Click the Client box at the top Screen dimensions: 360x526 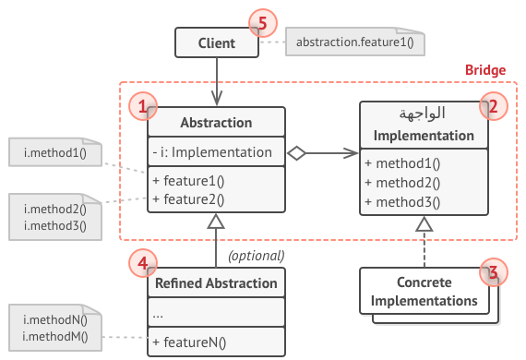216,42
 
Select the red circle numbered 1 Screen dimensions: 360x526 142,106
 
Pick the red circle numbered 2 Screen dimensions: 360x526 492,106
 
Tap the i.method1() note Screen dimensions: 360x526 54,151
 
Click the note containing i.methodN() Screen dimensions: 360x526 54,327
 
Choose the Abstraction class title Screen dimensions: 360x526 216,123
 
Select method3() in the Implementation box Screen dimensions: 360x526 402,202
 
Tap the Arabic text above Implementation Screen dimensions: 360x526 424,114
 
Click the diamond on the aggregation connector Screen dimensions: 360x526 294,152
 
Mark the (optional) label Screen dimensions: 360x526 256,256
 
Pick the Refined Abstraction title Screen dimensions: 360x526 216,283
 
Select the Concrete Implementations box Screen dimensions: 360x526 424,292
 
